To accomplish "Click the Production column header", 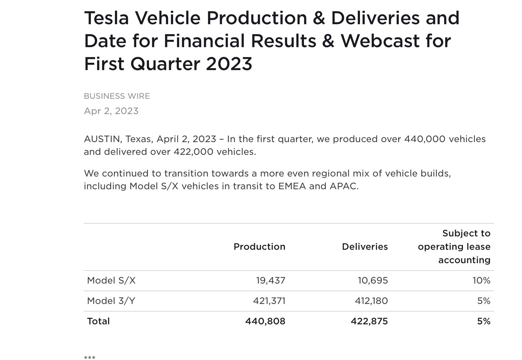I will point(259,247).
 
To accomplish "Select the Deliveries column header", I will point(365,247).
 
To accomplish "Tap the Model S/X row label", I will point(111,280).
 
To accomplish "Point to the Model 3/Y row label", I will point(111,301).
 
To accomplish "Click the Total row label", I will point(98,321).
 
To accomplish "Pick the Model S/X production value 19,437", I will point(271,280).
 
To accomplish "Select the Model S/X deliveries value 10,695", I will point(373,280).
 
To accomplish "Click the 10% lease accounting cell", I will point(481,280).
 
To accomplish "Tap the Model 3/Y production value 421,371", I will point(269,301).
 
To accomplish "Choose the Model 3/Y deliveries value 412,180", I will point(371,301).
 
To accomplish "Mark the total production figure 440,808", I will point(265,321).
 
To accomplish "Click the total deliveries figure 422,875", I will point(369,321).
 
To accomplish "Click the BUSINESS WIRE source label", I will point(117,96).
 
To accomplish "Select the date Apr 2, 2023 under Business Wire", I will point(111,111).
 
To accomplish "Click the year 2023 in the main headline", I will point(229,64).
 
